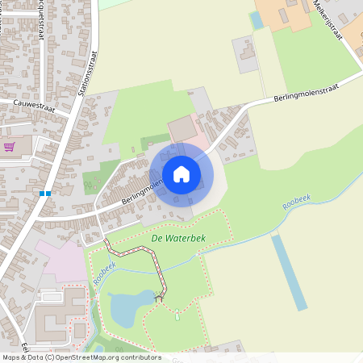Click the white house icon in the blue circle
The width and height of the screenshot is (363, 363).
(181, 174)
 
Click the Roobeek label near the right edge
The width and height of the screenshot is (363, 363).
(296, 202)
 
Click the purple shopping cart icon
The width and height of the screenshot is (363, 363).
(10, 146)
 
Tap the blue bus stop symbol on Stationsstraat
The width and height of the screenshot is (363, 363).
(45, 194)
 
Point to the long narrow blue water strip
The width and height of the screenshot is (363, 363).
(289, 273)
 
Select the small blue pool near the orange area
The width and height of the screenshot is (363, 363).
(257, 20)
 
